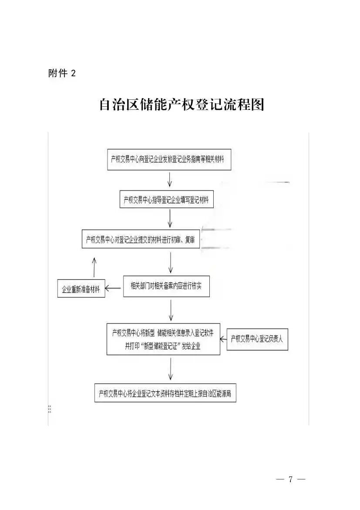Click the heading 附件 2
pyautogui.click(x=61, y=73)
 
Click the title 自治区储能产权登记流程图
pyautogui.click(x=182, y=105)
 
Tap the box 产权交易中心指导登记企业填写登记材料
pyautogui.click(x=166, y=200)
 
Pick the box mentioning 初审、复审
pyautogui.click(x=141, y=239)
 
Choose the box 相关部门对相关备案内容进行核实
pyautogui.click(x=166, y=286)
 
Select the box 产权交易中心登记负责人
pyautogui.click(x=257, y=339)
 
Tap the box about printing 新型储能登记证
pyautogui.click(x=163, y=339)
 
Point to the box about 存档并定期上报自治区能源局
pyautogui.click(x=165, y=393)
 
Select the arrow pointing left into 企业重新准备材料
pyautogui.click(x=114, y=288)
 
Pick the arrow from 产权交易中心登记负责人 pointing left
pyautogui.click(x=223, y=338)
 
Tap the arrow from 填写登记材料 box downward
pyautogui.click(x=169, y=218)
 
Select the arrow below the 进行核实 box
pyautogui.click(x=171, y=310)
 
